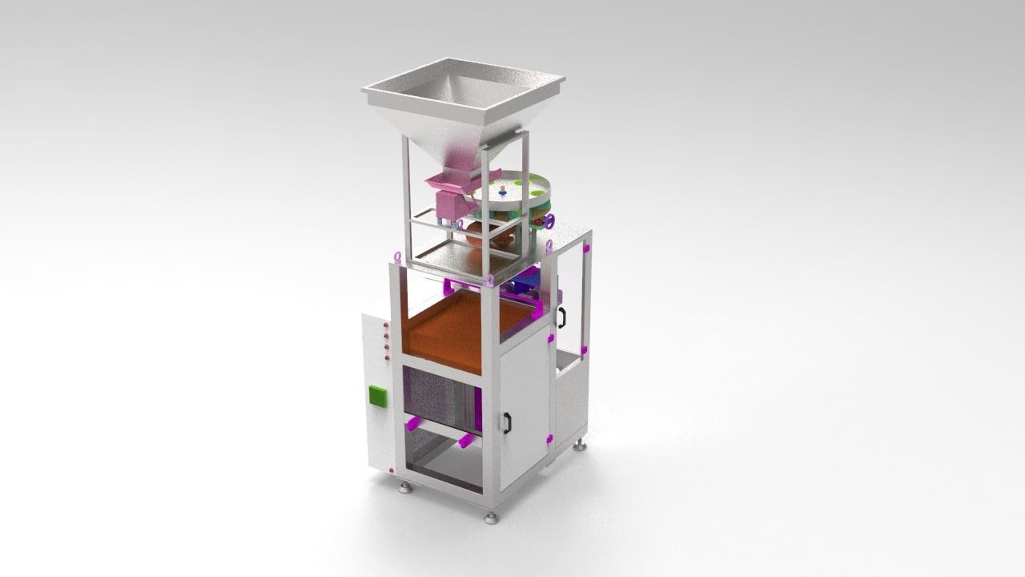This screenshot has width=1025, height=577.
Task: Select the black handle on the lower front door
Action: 507,422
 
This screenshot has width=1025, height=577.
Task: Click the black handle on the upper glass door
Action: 562,316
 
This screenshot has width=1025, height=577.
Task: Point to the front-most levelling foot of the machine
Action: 491,518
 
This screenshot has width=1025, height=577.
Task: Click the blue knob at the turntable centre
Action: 501,190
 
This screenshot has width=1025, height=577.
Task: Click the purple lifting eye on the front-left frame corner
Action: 398,256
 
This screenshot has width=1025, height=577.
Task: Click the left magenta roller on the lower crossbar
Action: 414,422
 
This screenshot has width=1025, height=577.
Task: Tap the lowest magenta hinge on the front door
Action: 550,438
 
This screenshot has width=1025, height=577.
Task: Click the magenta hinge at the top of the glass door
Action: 586,250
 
